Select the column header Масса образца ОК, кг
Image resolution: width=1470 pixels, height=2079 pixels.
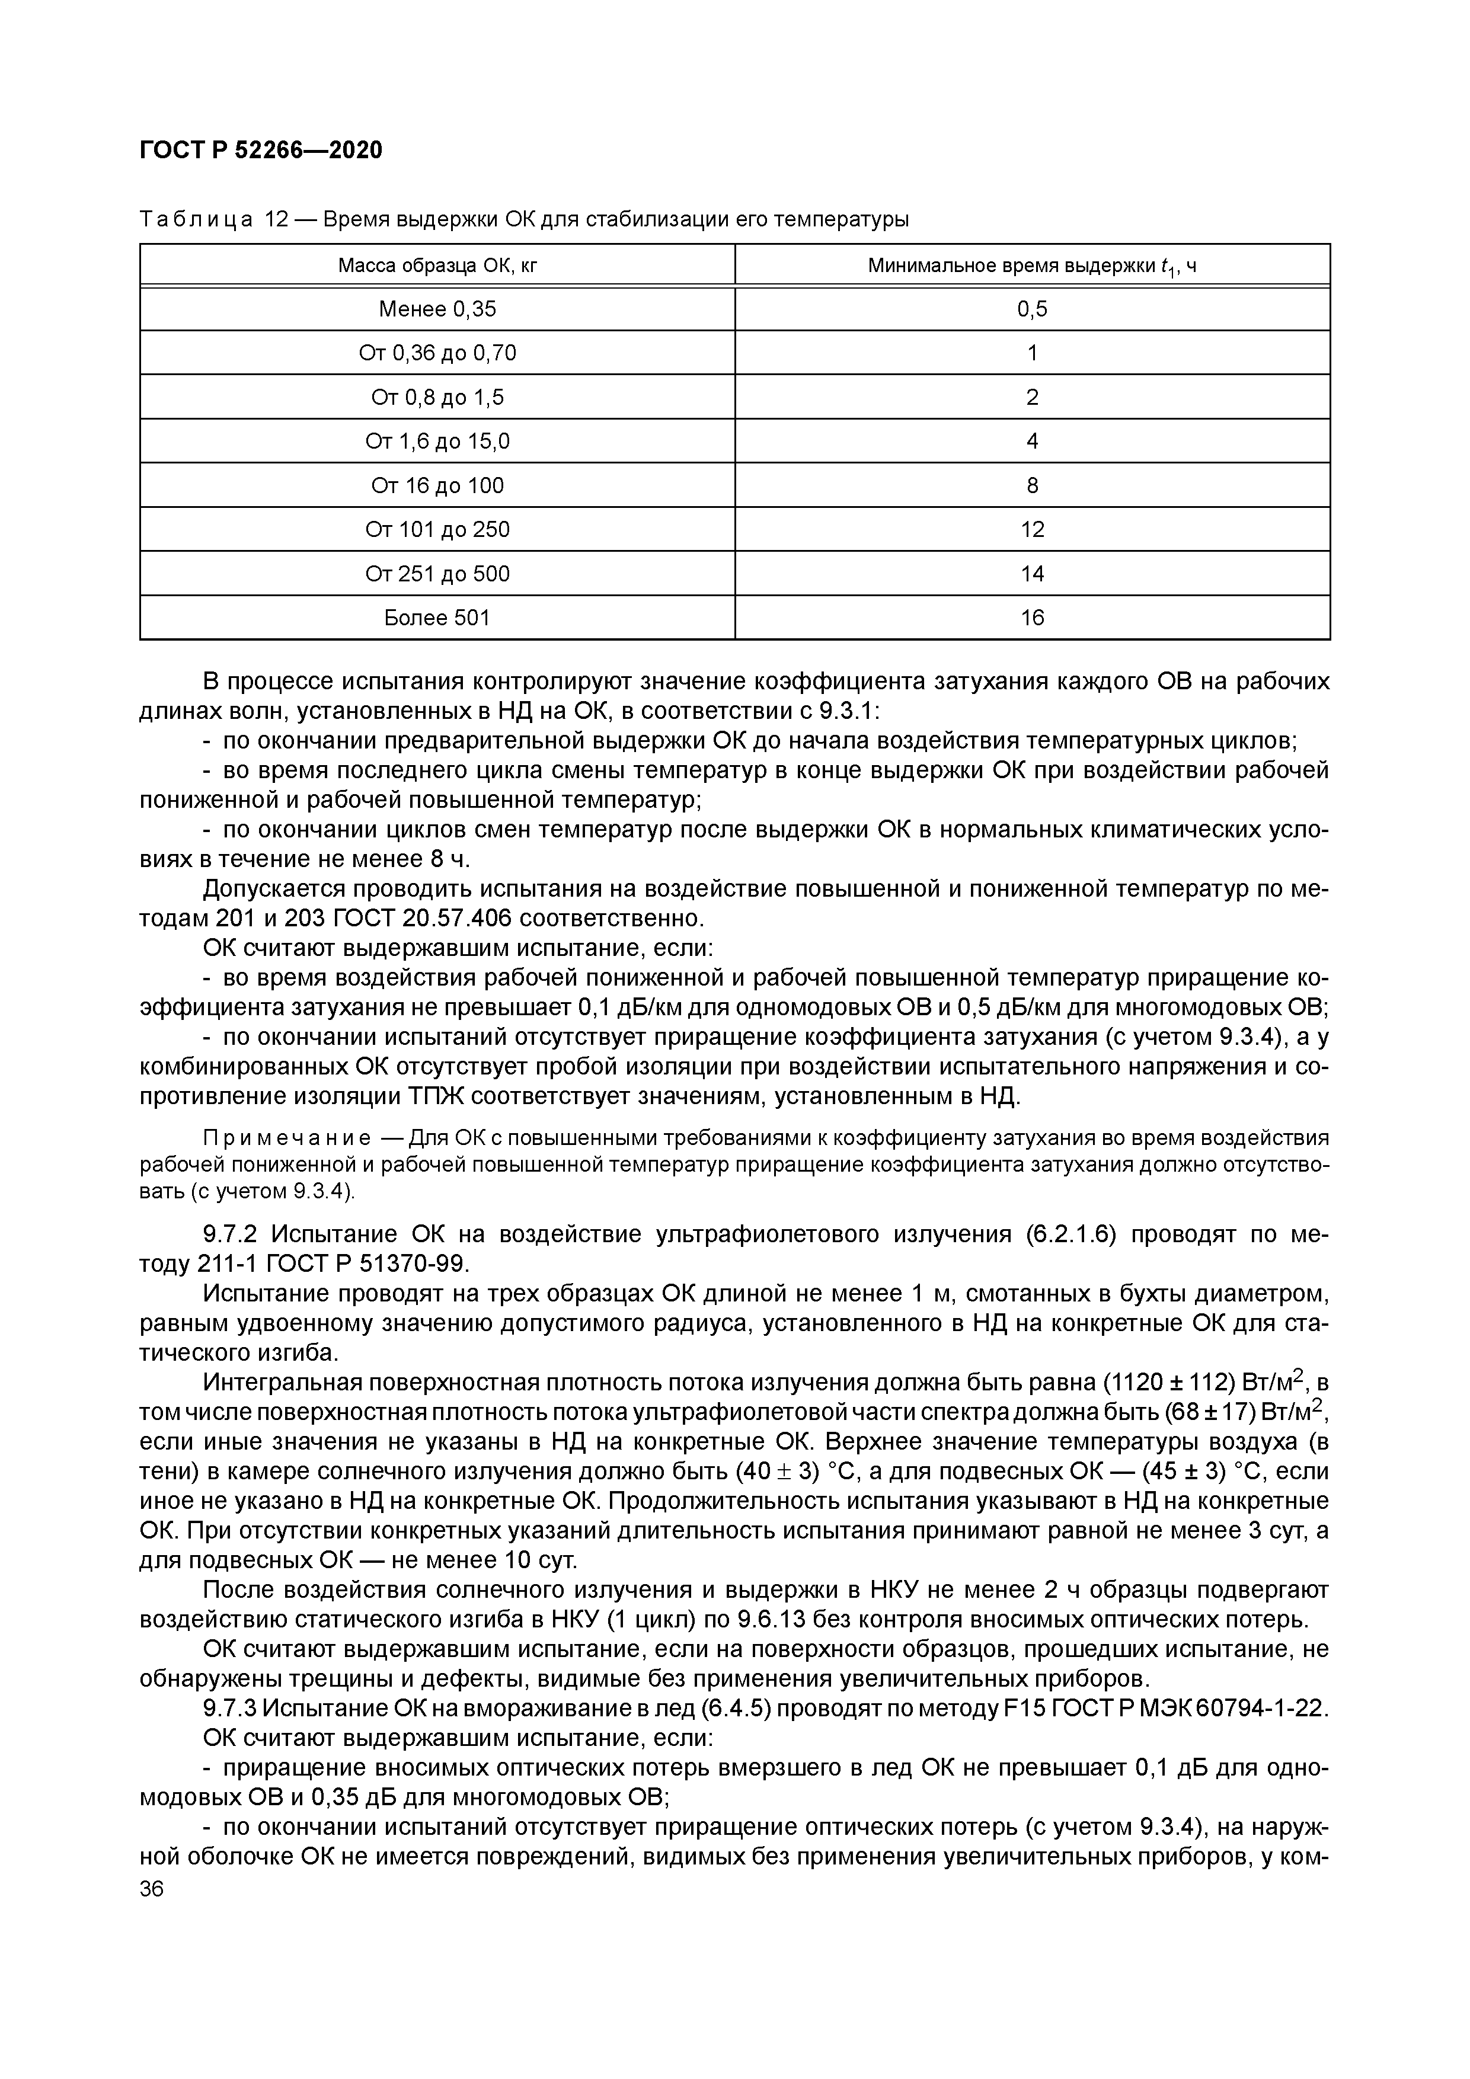(x=437, y=266)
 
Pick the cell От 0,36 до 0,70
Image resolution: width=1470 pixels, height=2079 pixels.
(x=437, y=353)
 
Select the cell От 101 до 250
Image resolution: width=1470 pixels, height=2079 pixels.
(x=437, y=530)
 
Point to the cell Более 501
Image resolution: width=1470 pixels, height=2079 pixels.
(x=437, y=619)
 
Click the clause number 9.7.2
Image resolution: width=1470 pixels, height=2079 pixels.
(x=233, y=1234)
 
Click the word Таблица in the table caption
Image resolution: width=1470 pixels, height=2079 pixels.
(x=196, y=219)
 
